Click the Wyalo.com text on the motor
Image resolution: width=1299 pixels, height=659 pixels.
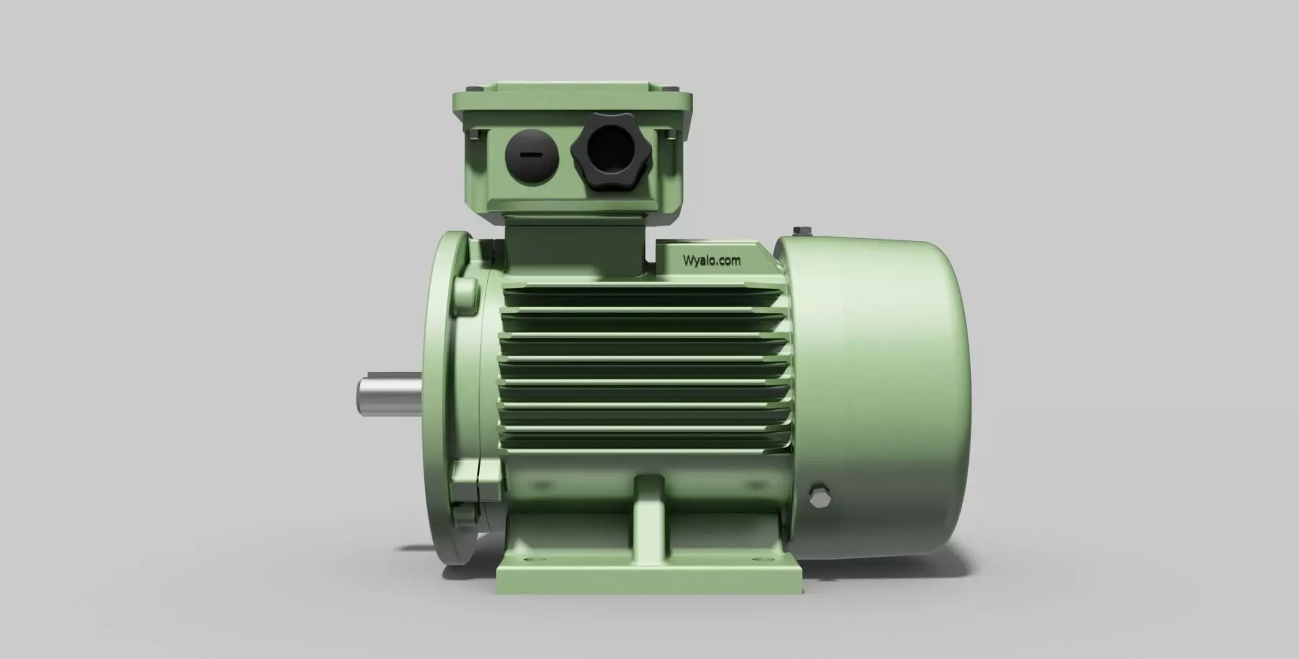click(711, 260)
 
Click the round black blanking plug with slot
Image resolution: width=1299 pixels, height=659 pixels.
click(531, 154)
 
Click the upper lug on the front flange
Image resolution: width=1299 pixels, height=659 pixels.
click(465, 296)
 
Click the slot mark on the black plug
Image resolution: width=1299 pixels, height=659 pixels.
click(531, 154)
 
